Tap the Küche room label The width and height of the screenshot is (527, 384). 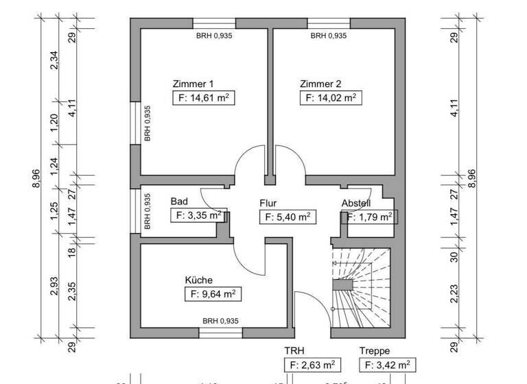[x=198, y=280]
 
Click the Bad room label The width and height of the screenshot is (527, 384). [x=179, y=202]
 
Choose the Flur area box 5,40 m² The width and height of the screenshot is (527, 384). [x=287, y=217]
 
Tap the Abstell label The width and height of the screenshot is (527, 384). [x=356, y=203]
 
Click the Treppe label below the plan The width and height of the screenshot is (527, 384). [x=374, y=351]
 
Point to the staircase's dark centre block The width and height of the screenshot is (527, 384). [x=342, y=285]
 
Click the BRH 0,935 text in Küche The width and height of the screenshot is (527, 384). [x=220, y=321]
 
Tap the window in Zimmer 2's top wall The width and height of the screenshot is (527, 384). [x=327, y=23]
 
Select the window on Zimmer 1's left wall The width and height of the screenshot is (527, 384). [x=135, y=123]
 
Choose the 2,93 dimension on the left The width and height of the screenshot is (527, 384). [x=55, y=288]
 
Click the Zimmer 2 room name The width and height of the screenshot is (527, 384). [x=320, y=84]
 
